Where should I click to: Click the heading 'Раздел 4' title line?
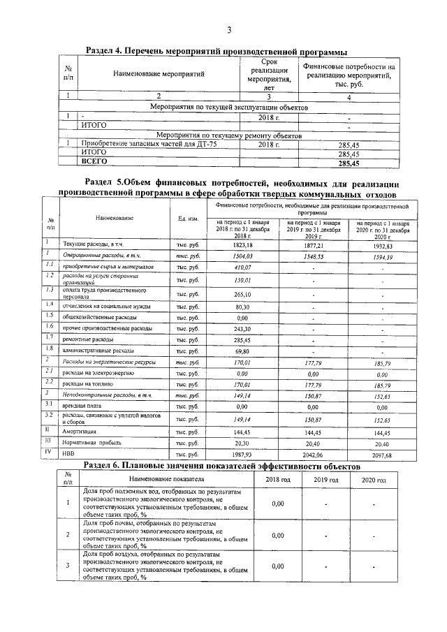point(216,52)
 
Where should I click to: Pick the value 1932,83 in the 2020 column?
point(383,246)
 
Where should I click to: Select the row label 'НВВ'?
point(70,455)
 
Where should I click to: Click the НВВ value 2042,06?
point(313,455)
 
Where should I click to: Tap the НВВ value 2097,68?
point(383,455)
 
